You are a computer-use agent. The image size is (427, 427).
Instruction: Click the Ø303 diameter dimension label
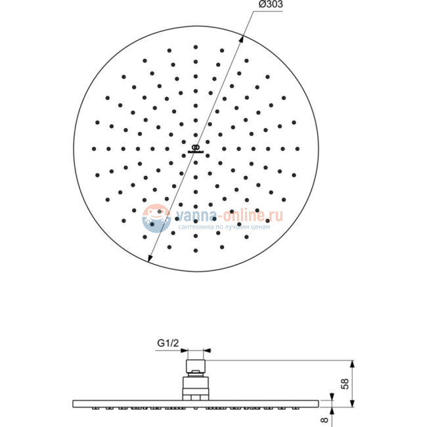pos(271,5)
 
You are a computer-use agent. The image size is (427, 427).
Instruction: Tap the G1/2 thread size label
pos(168,343)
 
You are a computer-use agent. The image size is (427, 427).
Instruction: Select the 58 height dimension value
pos(345,384)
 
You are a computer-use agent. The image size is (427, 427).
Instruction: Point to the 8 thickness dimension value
pos(325,420)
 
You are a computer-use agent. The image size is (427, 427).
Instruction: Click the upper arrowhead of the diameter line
pos(241,40)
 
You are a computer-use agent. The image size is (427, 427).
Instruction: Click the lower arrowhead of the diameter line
pos(150,258)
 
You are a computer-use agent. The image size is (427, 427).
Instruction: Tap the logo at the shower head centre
pos(196,148)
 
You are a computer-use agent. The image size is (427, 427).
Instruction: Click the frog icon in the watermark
pos(156,218)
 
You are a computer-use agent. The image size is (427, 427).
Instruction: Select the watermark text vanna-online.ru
pos(229,215)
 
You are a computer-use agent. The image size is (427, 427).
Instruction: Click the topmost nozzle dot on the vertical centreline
pos(196,47)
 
